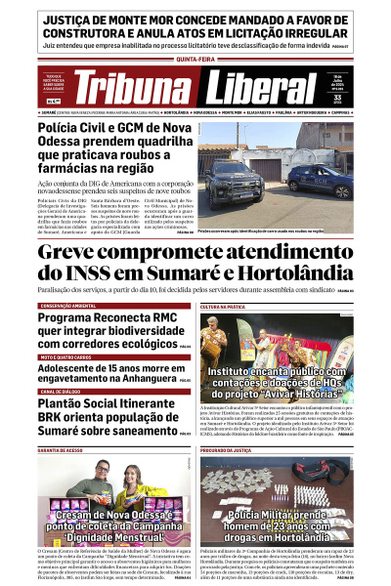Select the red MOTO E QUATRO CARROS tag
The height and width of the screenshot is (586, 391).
coord(67,357)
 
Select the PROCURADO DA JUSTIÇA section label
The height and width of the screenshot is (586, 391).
coord(227,450)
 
